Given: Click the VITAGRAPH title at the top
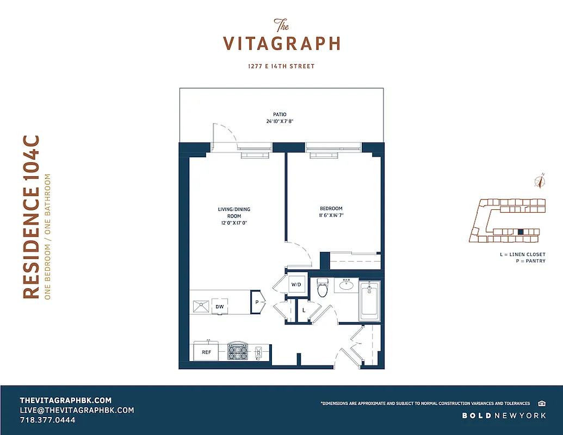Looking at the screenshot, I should (282, 42).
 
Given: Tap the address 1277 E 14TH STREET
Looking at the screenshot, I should (281, 66).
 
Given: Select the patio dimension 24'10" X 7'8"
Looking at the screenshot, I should (281, 122).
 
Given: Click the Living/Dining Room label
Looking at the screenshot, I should (234, 216).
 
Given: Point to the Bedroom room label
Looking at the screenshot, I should (331, 212).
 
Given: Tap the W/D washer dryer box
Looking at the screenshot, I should (296, 284).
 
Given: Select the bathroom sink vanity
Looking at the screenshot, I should (347, 284).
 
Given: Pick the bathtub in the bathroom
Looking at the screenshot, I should (369, 301).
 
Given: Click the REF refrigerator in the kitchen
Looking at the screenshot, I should (207, 352).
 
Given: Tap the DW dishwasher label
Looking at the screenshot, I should (220, 307).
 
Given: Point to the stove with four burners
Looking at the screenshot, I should (237, 352).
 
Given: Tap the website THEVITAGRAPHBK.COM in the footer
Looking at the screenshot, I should (65, 400).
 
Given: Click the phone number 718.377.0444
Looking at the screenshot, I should (47, 420).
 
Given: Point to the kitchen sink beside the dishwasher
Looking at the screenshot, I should (200, 307).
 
